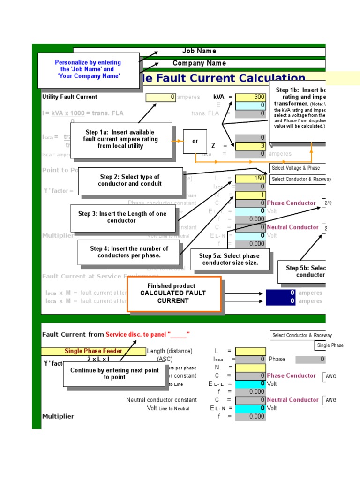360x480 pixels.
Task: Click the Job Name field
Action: pyautogui.click(x=199, y=51)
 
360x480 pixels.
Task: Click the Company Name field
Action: pyautogui.click(x=199, y=63)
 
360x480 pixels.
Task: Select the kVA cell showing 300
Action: pyautogui.click(x=250, y=97)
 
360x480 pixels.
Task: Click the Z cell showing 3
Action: pyautogui.click(x=250, y=146)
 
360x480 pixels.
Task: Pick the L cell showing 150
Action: pyautogui.click(x=250, y=179)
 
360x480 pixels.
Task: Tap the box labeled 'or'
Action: pyautogui.click(x=195, y=141)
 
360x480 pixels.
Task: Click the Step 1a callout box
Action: pyautogui.click(x=120, y=139)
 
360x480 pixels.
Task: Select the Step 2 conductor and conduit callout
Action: pyautogui.click(x=130, y=180)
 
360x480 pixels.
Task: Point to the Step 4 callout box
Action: pyautogui.click(x=128, y=252)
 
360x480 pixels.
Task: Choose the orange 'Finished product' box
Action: pyautogui.click(x=173, y=293)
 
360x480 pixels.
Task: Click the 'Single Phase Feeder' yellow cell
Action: pyautogui.click(x=93, y=351)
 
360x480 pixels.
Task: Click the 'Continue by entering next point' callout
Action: pyautogui.click(x=114, y=374)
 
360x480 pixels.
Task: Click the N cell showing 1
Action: pyautogui.click(x=250, y=195)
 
